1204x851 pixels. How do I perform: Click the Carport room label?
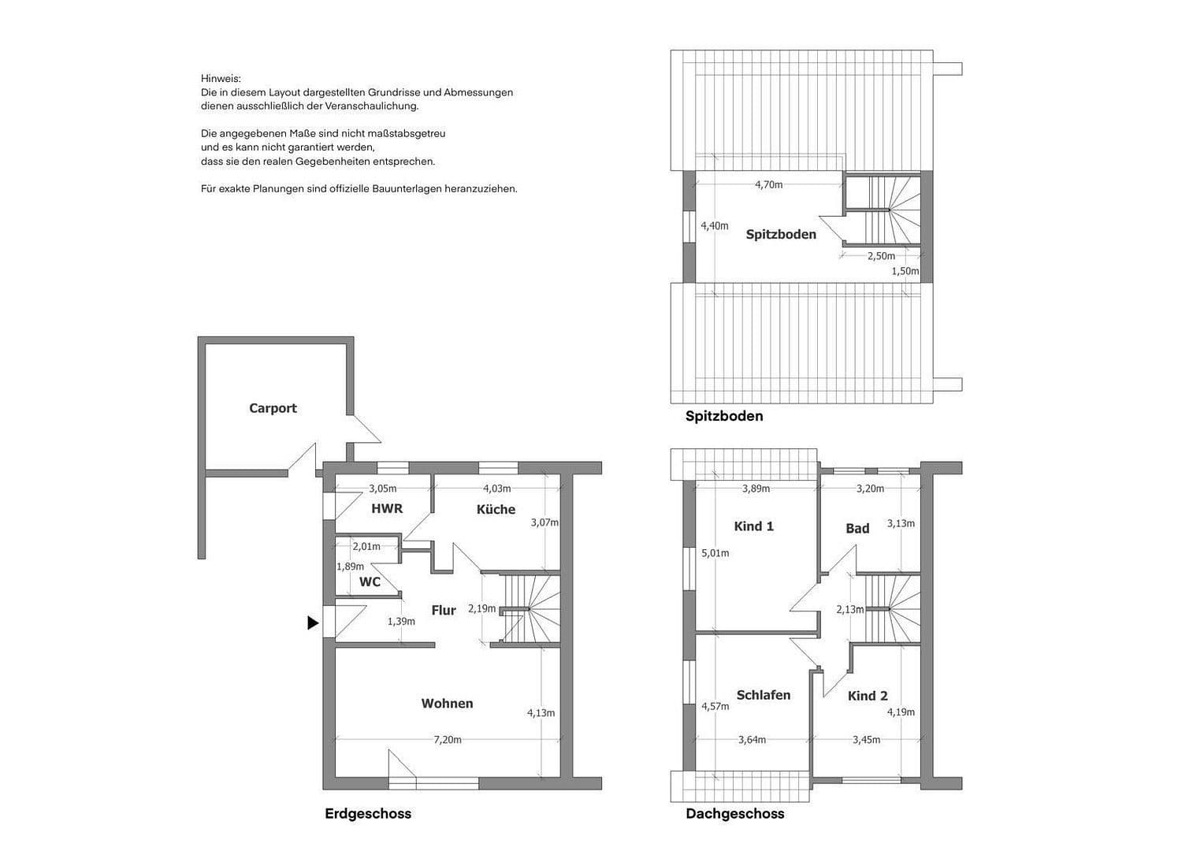[x=273, y=408]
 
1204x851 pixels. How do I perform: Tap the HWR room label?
[x=387, y=509]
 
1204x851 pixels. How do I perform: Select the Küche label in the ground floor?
[x=496, y=510]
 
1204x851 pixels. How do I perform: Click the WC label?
[x=370, y=582]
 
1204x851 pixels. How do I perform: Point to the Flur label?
[x=444, y=611]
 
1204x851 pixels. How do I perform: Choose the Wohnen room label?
[x=447, y=704]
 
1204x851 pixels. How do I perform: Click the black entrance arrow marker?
[x=313, y=623]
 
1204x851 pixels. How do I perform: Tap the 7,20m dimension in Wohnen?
[x=448, y=740]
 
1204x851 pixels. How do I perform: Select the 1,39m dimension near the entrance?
[x=400, y=622]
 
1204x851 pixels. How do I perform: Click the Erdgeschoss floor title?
[x=368, y=814]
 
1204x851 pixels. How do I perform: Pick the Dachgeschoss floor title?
[x=734, y=814]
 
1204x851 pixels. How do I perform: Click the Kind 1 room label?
[x=753, y=526]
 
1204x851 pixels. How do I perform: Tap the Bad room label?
[x=857, y=529]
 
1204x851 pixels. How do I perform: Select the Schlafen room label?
[x=763, y=695]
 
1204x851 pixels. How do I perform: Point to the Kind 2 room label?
[x=868, y=696]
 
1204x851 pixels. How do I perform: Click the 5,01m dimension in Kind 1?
[x=715, y=553]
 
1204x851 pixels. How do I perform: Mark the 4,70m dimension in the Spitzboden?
[x=768, y=185]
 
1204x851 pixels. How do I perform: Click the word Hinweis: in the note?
[x=221, y=79]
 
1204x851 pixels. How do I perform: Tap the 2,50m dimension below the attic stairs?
[x=881, y=256]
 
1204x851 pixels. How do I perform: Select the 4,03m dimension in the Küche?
[x=496, y=489]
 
